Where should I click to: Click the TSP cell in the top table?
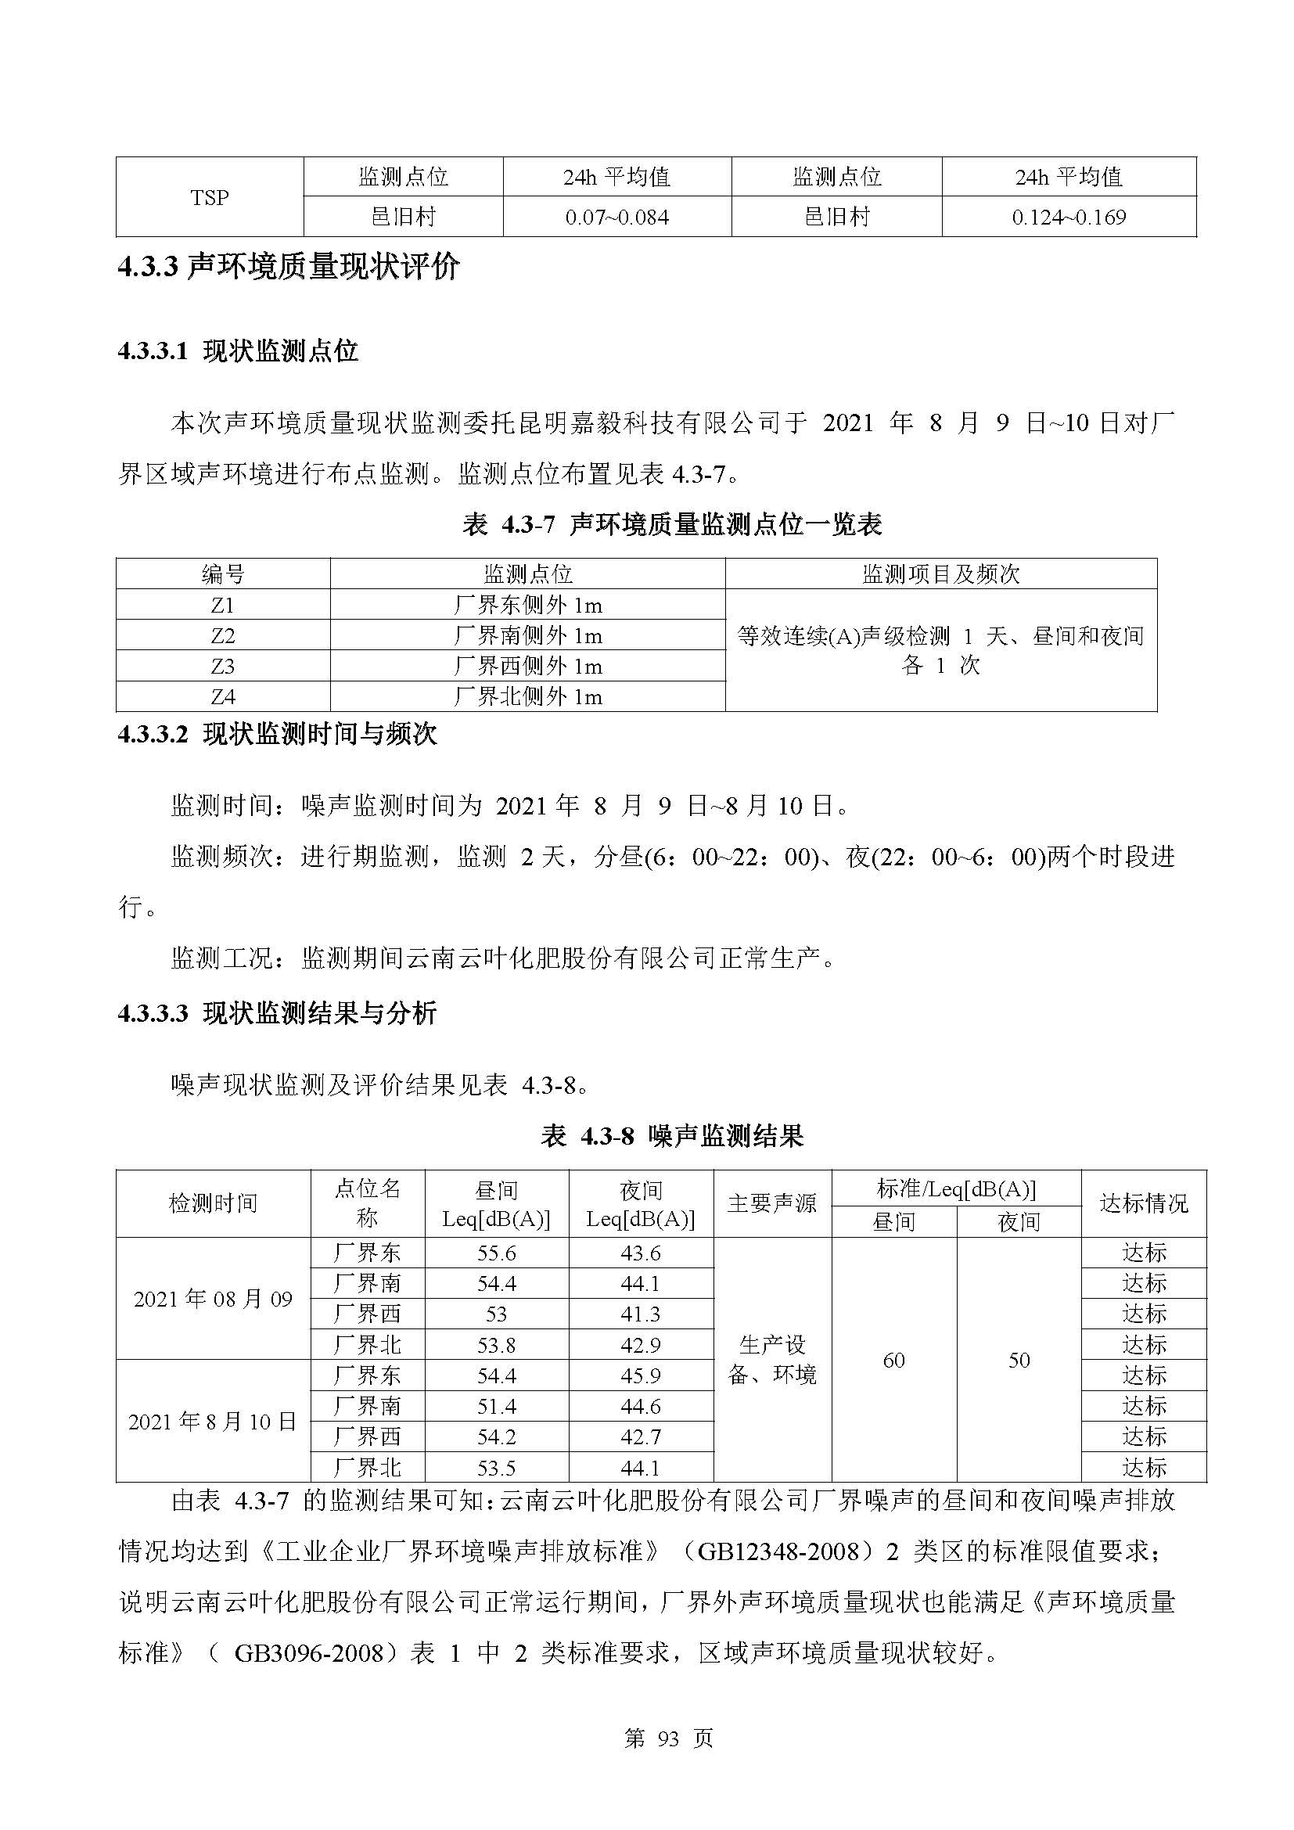(x=210, y=197)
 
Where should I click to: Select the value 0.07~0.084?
(x=616, y=217)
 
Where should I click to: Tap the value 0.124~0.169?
(x=1069, y=217)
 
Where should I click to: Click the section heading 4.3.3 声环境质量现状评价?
(x=289, y=267)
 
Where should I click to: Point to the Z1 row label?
(x=223, y=605)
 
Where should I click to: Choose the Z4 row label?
(x=223, y=696)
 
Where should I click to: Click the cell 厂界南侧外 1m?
(x=527, y=635)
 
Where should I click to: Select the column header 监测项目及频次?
(x=940, y=573)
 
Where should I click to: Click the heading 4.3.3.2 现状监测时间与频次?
(x=277, y=734)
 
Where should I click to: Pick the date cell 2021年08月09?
(x=213, y=1300)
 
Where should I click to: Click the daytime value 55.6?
(x=497, y=1253)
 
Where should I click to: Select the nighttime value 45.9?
(x=641, y=1375)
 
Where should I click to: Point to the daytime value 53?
(x=497, y=1314)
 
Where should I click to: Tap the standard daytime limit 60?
(x=893, y=1360)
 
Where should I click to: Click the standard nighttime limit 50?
(x=1019, y=1360)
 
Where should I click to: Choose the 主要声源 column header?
(x=771, y=1203)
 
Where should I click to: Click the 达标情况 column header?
(x=1144, y=1203)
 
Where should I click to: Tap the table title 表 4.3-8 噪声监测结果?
(x=672, y=1136)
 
